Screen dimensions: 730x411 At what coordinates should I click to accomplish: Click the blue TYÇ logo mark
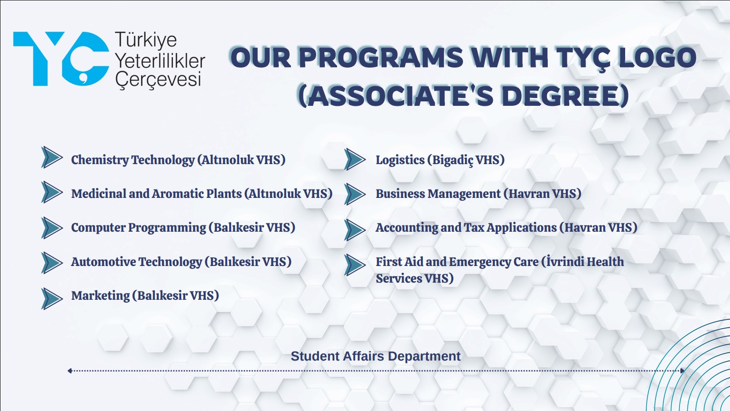tap(61, 59)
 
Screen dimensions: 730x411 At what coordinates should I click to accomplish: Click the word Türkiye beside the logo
tap(146, 40)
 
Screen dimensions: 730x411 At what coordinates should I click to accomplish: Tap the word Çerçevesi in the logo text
tap(158, 80)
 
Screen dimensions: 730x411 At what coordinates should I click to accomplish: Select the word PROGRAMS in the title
tap(380, 57)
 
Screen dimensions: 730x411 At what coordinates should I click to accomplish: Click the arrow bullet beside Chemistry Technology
tap(52, 157)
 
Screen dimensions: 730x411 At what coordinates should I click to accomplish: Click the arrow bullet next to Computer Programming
tap(52, 228)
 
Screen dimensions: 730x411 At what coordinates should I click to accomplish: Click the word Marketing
tap(100, 296)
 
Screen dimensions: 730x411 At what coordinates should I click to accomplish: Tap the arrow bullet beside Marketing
tap(52, 298)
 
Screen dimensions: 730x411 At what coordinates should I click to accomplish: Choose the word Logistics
tap(400, 160)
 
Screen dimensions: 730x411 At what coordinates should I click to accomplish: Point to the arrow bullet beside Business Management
tap(355, 194)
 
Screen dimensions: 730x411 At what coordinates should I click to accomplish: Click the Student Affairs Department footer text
tap(375, 356)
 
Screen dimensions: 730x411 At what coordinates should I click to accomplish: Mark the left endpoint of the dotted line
tap(69, 370)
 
